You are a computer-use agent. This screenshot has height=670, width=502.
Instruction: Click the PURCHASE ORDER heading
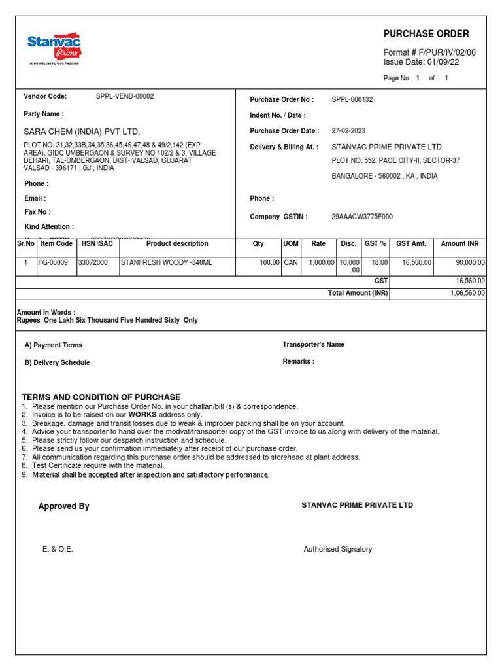pos(426,34)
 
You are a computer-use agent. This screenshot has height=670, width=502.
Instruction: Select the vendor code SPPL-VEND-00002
pos(125,96)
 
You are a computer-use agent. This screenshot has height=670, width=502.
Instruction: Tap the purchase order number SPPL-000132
pos(352,99)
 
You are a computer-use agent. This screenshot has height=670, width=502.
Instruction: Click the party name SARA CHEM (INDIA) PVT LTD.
pos(82,132)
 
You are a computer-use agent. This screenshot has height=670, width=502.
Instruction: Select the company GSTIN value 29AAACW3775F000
pos(362,217)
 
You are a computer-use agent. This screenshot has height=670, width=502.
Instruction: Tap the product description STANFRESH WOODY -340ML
pos(167,262)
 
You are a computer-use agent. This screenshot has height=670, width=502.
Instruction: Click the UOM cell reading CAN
pos(291,262)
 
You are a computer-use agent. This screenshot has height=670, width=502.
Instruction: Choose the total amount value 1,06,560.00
pos(467,293)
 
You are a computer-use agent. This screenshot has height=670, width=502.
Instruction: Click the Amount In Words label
pos(46,313)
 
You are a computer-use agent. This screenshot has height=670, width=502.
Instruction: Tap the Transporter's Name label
pos(313,344)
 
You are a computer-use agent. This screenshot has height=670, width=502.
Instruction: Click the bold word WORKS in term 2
pos(142,415)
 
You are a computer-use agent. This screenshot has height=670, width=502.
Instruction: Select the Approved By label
pos(64,506)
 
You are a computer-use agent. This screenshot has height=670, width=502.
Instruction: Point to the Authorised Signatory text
pos(337,549)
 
